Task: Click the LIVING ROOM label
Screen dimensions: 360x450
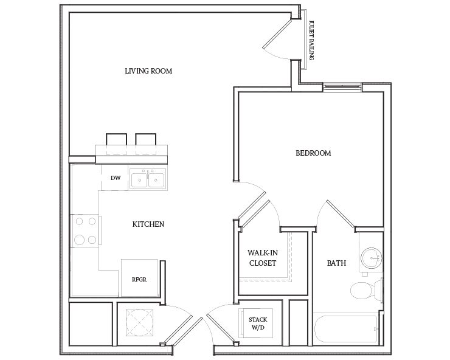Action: [x=148, y=71]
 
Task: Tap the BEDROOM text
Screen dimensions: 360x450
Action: [x=313, y=153]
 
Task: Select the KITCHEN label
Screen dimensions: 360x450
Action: [x=148, y=224]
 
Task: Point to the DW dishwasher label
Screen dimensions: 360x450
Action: [x=115, y=178]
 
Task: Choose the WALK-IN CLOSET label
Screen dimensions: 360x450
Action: [x=262, y=258]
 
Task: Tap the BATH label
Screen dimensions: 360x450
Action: [x=336, y=263]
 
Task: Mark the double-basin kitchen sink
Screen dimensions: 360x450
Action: [x=149, y=179]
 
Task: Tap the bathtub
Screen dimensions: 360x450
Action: [x=347, y=331]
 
